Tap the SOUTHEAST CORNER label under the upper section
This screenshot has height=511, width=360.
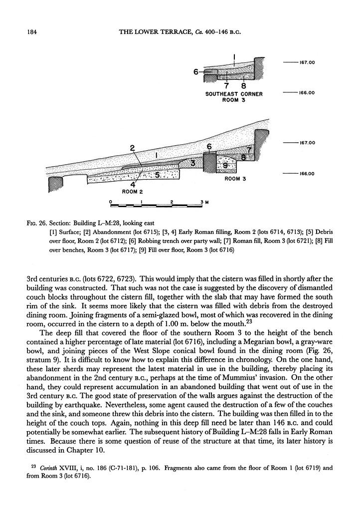[x=234, y=94]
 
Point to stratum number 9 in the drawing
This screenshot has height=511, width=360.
[x=225, y=166]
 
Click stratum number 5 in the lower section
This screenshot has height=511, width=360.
[x=157, y=175]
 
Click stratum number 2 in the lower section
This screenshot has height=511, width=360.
[x=132, y=148]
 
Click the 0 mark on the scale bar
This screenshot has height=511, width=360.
[x=111, y=202]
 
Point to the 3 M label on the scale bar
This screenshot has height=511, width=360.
[x=204, y=202]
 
